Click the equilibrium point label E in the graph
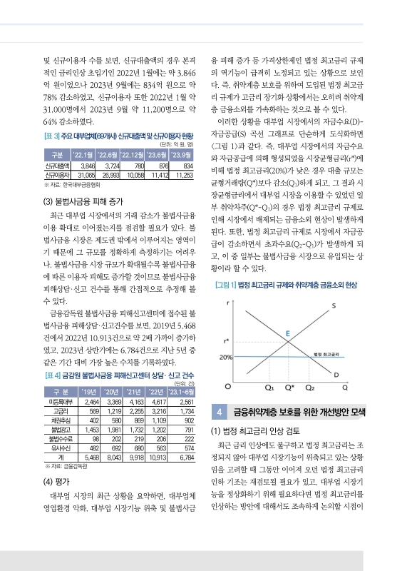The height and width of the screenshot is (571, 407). (287, 333)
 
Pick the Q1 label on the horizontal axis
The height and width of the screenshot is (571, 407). (269, 388)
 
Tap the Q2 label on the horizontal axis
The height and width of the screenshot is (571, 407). (310, 388)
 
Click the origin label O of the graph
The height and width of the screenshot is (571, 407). (227, 386)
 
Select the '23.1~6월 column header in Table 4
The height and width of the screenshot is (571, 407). (182, 391)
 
